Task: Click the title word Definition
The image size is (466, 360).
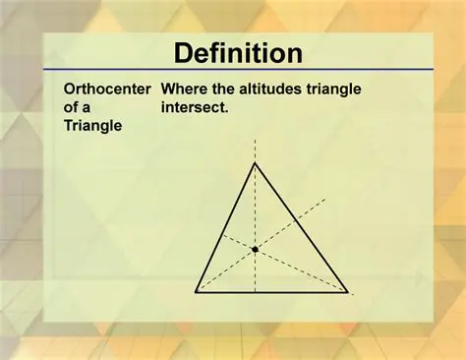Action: tap(232, 53)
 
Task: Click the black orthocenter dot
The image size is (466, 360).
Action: tap(255, 250)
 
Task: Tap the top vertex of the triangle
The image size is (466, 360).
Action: tap(255, 163)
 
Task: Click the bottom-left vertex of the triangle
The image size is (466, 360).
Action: tap(196, 291)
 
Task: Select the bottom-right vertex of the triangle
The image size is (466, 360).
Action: tap(348, 291)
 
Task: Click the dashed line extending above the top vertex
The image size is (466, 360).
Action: tap(255, 150)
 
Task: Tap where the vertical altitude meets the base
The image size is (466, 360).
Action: tap(255, 291)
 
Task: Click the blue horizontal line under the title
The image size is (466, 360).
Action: tap(232, 71)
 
